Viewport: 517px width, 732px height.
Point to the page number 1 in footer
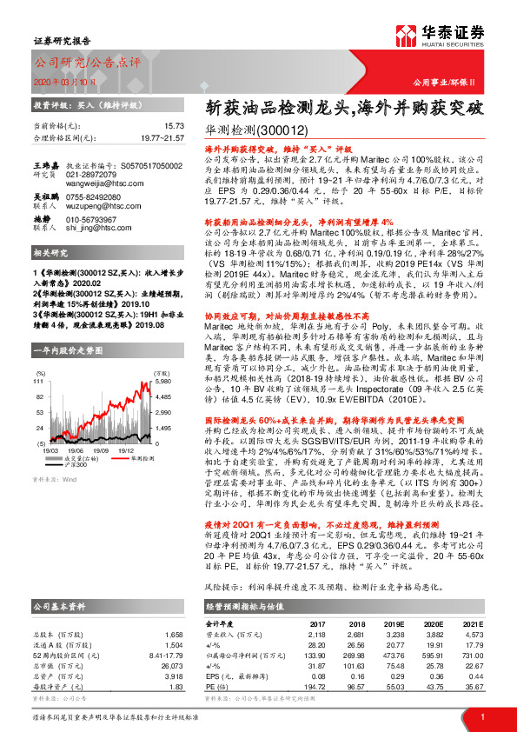(481, 715)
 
